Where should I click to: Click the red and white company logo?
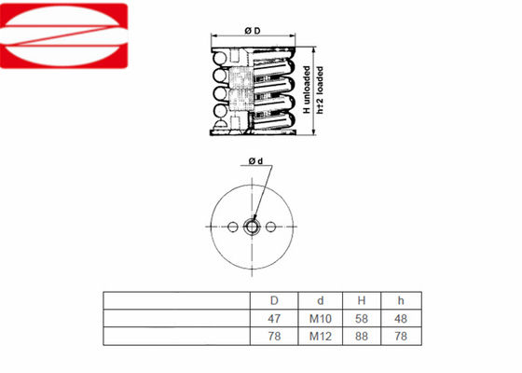click(x=62, y=35)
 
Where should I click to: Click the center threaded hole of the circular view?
click(x=252, y=225)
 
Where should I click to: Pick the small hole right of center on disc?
click(x=271, y=225)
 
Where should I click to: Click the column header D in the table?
click(x=274, y=301)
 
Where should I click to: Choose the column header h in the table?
click(x=401, y=301)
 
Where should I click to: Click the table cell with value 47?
click(x=274, y=318)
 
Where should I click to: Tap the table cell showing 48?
click(x=401, y=318)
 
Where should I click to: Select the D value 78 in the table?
click(x=274, y=335)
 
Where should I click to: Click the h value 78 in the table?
click(x=401, y=335)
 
